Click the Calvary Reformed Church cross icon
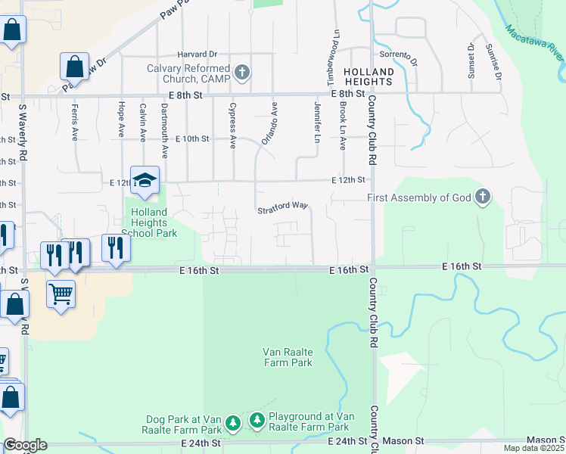coord(242,73)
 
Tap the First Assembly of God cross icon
coord(482,198)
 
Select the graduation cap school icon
coord(145,181)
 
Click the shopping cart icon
coord(61,293)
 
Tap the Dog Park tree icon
coord(234,422)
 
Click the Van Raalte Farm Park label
coord(287,357)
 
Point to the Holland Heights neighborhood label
coord(369,77)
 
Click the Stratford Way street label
coord(281,206)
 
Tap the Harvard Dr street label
coord(197,54)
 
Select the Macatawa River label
coord(534,45)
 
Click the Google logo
coord(25,445)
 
